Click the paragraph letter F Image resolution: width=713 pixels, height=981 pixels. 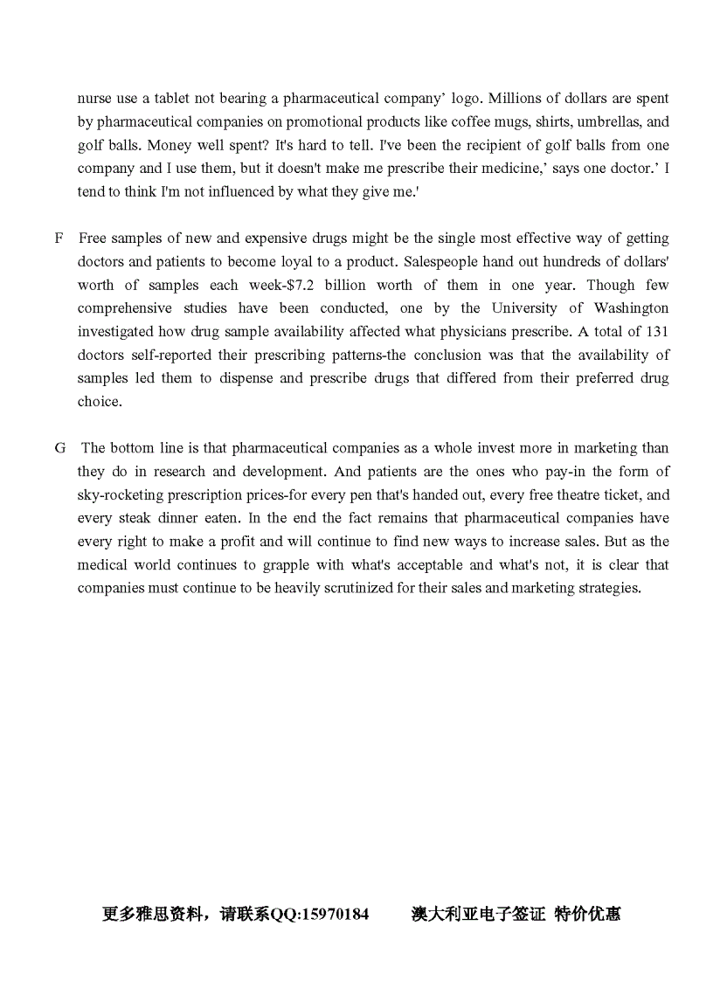click(x=59, y=238)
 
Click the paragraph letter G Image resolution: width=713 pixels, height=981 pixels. click(x=59, y=448)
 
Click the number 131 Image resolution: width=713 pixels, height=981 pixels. click(x=657, y=332)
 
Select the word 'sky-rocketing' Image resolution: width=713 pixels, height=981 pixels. click(x=120, y=494)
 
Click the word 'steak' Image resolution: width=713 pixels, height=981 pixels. click(x=137, y=518)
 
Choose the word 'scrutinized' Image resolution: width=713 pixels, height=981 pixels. click(x=336, y=588)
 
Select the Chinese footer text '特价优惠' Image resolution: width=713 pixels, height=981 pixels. click(x=588, y=915)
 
